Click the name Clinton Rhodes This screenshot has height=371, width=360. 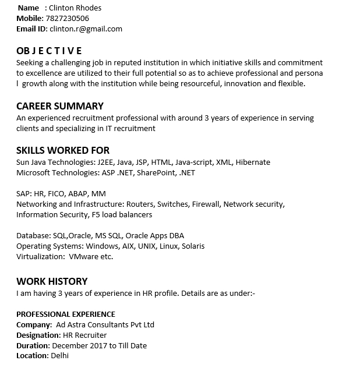75,8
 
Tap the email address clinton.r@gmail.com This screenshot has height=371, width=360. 86,29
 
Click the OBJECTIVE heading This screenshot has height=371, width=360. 49,51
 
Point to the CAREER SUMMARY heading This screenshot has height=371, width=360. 60,106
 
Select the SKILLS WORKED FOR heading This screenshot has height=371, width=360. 63,150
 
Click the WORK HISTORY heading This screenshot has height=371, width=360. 52,281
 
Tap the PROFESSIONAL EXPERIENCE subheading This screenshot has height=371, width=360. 66,314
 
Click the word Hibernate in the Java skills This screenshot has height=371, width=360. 253,162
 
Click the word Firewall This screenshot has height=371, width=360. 206,204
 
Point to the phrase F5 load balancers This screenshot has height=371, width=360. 122,214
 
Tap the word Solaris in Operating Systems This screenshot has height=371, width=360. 193,246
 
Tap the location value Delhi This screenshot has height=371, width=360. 59,355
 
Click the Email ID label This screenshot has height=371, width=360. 31,29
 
